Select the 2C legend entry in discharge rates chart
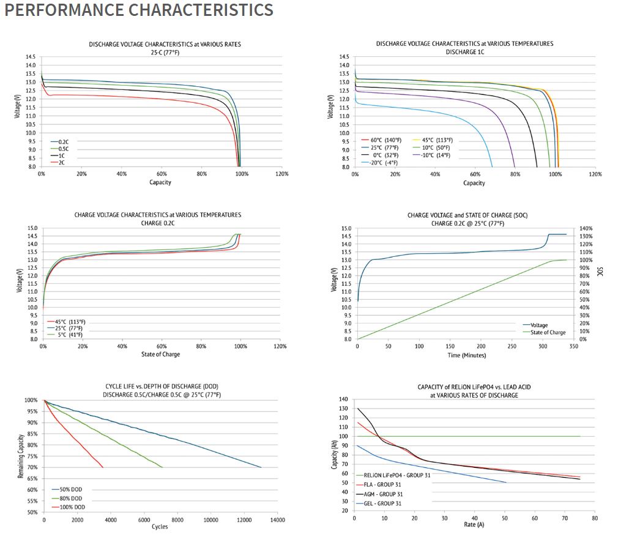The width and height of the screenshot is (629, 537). click(x=61, y=163)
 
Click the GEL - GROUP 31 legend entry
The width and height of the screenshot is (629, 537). click(x=383, y=503)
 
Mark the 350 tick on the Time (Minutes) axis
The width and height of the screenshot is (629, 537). click(x=573, y=346)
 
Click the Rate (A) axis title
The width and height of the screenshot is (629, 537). click(x=474, y=524)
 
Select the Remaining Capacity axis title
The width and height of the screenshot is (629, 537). click(x=21, y=456)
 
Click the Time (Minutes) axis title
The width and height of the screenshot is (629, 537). click(x=465, y=354)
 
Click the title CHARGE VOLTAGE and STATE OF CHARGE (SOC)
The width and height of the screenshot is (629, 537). click(x=464, y=215)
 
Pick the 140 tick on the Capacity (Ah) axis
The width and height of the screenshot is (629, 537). click(x=344, y=399)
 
